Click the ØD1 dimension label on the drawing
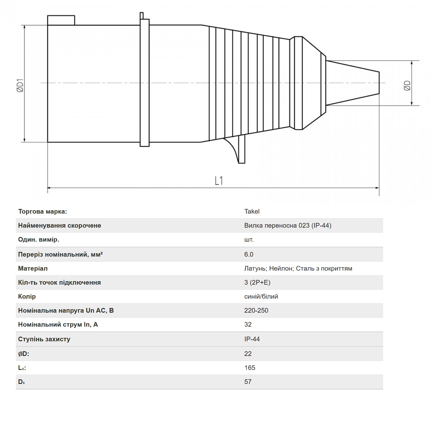coord(20,85)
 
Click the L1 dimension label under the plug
coord(219,181)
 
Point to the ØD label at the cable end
coord(407,85)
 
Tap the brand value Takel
coord(252,211)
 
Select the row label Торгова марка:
coord(43,211)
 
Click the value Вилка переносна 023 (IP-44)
coord(288,225)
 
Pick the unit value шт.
coord(249,239)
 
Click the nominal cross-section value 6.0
coord(249,254)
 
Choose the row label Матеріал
coord(33,268)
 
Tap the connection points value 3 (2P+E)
coord(257,282)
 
